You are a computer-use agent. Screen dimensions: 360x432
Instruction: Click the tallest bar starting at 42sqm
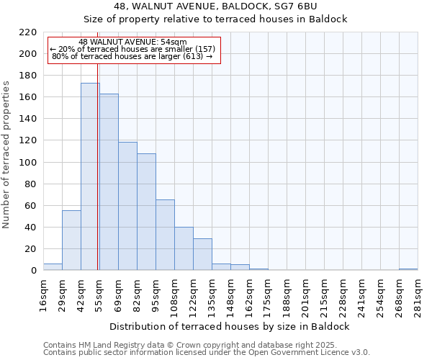coord(90,176)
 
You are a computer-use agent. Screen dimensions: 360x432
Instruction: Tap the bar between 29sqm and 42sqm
coord(71,240)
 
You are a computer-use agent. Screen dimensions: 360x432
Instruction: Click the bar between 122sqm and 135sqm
coord(202,254)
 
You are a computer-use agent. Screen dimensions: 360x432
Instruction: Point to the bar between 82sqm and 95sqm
coord(146,212)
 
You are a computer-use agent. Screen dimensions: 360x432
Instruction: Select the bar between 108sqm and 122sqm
coord(184,248)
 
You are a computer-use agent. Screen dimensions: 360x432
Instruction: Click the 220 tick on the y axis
coord(28,32)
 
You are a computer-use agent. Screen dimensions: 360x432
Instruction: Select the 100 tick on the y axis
coord(28,163)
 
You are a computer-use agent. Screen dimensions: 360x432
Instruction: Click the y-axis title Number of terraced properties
coord(7,155)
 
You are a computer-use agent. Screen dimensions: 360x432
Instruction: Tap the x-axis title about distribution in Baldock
coord(230,326)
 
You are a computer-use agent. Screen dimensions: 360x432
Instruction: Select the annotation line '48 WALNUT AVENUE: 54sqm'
coord(132,42)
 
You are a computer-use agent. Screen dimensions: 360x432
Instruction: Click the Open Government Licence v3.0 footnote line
coord(207,352)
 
